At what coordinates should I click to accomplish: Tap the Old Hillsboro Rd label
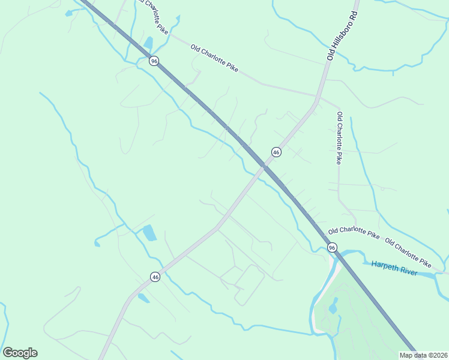(342, 34)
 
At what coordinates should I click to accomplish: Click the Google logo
(20, 353)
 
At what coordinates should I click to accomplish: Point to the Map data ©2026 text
(423, 355)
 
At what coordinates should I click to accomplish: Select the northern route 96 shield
(154, 61)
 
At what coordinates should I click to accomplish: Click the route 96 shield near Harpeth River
(332, 247)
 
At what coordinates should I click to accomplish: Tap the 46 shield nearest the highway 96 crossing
(276, 152)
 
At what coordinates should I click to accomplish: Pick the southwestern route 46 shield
(155, 277)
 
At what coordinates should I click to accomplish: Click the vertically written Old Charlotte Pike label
(339, 138)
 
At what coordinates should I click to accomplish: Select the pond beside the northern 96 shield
(148, 43)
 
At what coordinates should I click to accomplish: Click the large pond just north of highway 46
(149, 232)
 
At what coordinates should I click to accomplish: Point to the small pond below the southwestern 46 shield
(143, 298)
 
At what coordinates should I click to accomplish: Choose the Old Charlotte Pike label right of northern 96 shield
(214, 58)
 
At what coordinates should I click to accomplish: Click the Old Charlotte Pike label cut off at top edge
(152, 15)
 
